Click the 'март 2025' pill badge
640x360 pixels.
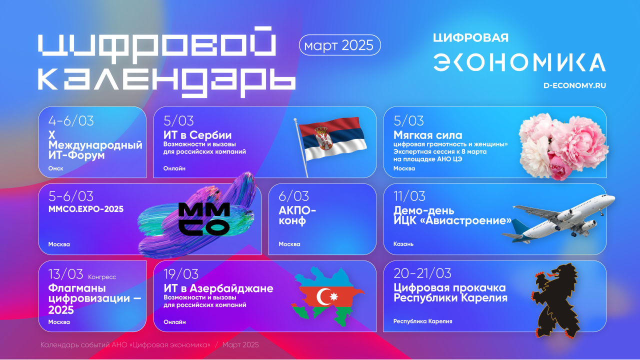point(339,45)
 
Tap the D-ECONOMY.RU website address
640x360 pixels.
point(574,85)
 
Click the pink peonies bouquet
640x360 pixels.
point(563,146)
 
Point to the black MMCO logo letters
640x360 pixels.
point(204,219)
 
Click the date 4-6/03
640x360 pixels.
point(71,121)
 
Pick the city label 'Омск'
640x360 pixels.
point(55,168)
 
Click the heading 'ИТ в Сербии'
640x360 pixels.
point(197,135)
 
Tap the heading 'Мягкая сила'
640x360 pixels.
point(427,135)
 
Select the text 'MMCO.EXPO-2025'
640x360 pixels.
point(86,209)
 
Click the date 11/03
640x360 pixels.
point(409,196)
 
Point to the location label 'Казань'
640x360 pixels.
point(403,244)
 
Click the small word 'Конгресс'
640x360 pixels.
point(102,277)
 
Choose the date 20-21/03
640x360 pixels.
point(422,273)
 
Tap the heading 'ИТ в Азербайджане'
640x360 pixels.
point(218,288)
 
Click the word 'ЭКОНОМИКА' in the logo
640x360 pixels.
point(519,62)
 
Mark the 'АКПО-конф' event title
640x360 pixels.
point(297,215)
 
